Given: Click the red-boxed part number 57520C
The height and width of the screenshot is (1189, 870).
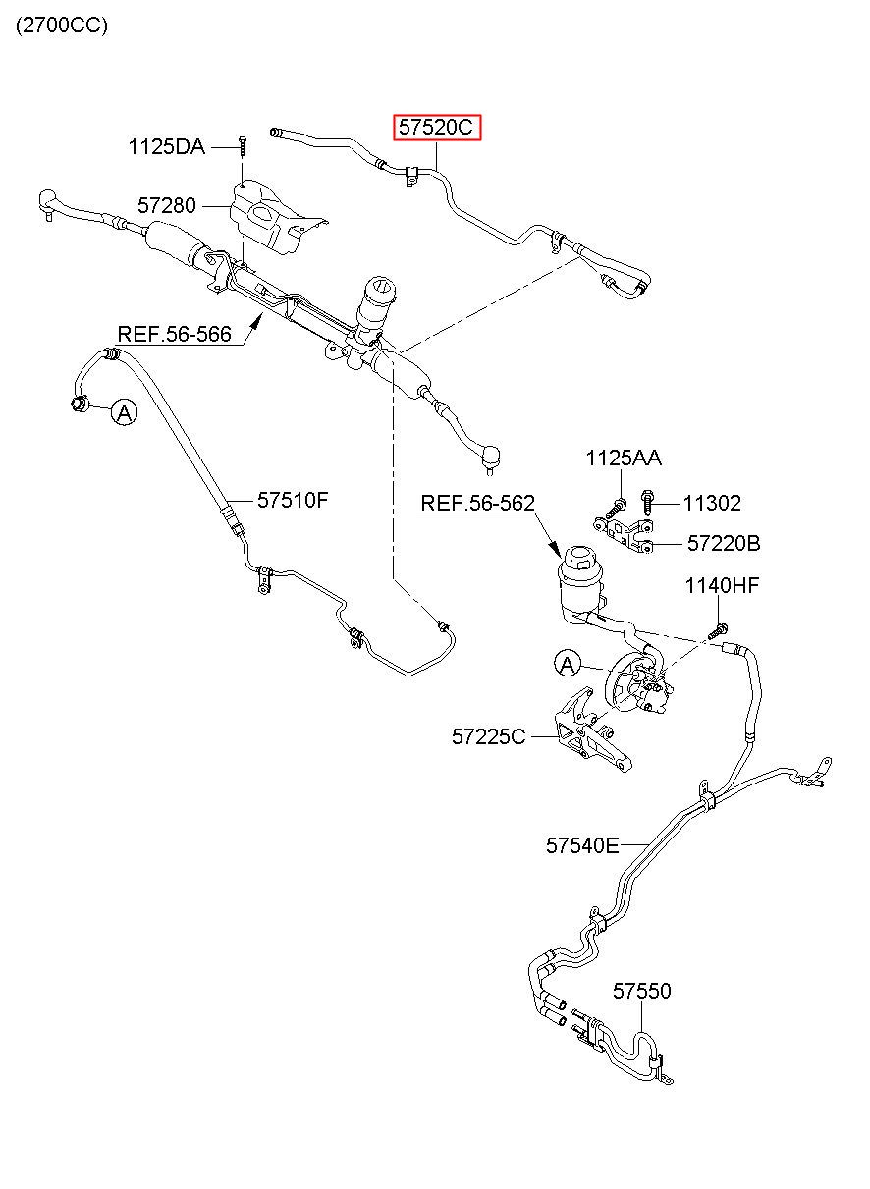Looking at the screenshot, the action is (436, 128).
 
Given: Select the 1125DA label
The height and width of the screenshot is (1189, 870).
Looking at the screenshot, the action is (166, 147).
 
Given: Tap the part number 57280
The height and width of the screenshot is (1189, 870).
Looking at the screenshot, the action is (167, 205).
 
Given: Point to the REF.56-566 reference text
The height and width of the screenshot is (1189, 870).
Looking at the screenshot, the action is (174, 334).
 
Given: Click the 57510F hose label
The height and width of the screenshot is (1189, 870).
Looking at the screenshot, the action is (293, 500).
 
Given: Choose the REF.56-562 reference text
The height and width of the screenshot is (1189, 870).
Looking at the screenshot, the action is (478, 503).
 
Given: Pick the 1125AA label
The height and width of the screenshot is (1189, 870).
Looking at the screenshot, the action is (624, 459).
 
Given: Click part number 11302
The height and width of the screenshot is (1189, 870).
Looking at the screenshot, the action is (712, 504).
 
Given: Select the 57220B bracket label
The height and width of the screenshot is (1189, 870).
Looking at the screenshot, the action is (724, 544).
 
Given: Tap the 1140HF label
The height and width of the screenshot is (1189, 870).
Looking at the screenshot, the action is (722, 586).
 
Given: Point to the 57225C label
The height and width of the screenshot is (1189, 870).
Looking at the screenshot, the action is (488, 736).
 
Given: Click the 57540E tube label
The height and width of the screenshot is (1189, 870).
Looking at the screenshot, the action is (582, 845).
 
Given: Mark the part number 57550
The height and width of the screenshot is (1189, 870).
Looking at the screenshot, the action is (642, 991).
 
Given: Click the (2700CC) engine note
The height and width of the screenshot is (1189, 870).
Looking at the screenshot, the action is (62, 26).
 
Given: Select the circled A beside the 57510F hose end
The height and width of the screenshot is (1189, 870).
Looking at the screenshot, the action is (124, 412).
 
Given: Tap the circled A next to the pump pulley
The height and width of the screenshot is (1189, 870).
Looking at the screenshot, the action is (568, 665).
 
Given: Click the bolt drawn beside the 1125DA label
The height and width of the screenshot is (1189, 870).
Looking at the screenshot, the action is (243, 145).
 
